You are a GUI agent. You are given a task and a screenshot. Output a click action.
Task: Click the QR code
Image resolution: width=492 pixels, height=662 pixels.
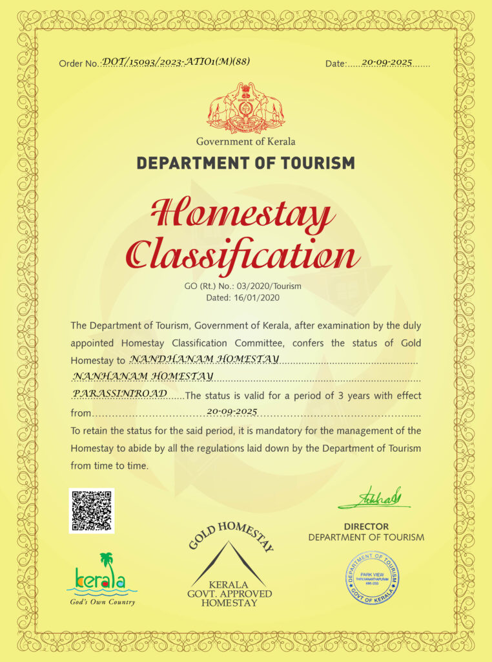92,511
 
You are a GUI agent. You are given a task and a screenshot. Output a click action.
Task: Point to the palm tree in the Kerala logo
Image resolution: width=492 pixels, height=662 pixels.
106,560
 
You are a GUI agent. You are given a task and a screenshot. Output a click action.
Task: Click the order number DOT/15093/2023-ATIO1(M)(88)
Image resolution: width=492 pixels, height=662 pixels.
176,61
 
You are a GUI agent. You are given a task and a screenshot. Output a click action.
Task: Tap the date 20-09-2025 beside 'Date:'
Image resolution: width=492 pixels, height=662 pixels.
387,62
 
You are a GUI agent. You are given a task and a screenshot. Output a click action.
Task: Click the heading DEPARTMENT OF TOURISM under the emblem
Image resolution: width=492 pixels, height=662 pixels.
246,162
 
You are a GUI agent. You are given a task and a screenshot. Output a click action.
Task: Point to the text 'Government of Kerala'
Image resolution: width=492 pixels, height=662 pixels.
246,141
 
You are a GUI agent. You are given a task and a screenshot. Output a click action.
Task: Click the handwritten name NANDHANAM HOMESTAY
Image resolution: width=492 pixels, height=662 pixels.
205,358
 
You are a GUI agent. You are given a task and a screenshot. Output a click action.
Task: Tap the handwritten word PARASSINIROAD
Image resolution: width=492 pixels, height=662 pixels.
121,393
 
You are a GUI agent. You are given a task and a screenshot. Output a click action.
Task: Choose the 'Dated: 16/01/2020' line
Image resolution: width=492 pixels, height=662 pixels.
245,298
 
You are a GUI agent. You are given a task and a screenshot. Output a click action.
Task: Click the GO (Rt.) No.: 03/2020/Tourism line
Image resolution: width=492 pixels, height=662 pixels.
245,286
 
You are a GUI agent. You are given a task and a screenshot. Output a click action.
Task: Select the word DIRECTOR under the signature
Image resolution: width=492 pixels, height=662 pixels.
366,526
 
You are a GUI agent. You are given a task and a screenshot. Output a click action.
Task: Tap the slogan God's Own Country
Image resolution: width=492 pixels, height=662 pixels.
103,602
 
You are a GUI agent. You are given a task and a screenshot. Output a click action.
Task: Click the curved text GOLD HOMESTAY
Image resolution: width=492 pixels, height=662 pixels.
231,535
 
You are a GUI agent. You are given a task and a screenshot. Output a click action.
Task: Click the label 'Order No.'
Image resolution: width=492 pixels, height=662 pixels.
79,63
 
